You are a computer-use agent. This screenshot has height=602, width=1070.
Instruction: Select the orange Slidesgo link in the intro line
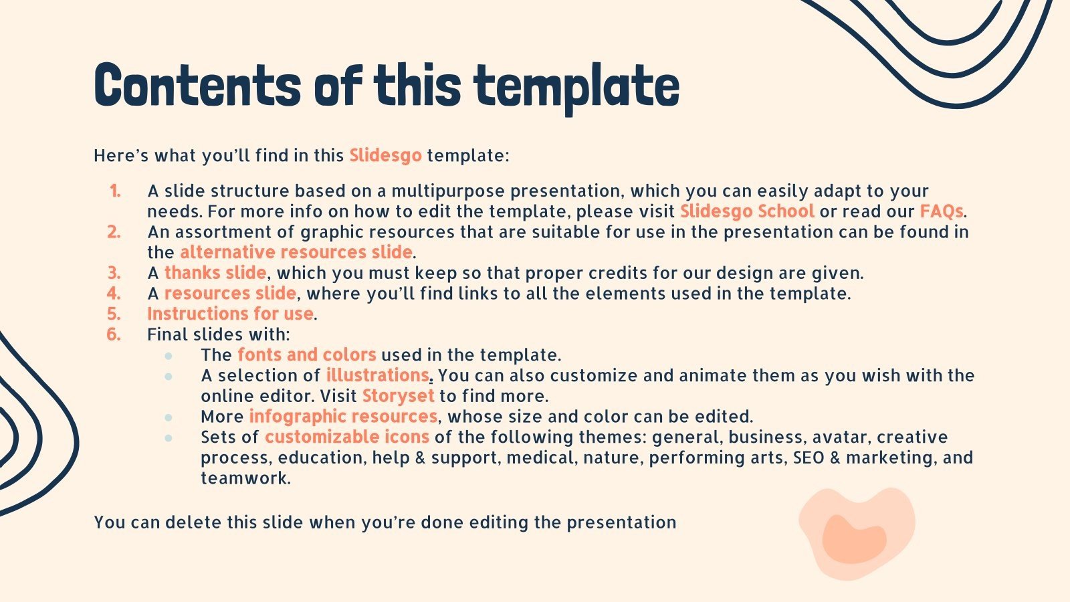point(385,156)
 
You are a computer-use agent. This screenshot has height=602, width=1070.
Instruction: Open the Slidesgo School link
point(746,211)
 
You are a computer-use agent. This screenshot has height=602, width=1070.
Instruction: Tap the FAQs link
point(941,211)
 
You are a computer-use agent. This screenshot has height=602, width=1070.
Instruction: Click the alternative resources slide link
point(296,252)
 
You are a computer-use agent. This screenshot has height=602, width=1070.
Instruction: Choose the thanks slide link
point(215,273)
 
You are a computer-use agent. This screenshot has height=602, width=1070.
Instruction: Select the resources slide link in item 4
point(229,294)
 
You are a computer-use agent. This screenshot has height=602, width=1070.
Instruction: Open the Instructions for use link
point(230,314)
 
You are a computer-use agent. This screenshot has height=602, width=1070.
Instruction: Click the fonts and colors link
point(306,355)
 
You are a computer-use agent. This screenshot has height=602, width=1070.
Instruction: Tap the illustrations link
point(377,375)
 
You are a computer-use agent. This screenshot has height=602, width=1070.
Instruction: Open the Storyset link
point(398,396)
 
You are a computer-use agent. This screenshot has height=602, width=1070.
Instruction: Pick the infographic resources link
point(343,417)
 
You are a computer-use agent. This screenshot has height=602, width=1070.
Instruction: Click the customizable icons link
point(346,437)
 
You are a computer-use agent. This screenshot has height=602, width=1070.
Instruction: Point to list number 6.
point(114,334)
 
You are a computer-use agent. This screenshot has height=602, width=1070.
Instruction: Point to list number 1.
point(115,191)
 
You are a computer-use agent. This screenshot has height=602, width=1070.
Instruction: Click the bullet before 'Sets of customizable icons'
point(169,437)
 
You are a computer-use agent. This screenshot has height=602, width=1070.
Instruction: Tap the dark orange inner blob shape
point(853,538)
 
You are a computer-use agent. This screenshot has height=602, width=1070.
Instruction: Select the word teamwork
point(245,479)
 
